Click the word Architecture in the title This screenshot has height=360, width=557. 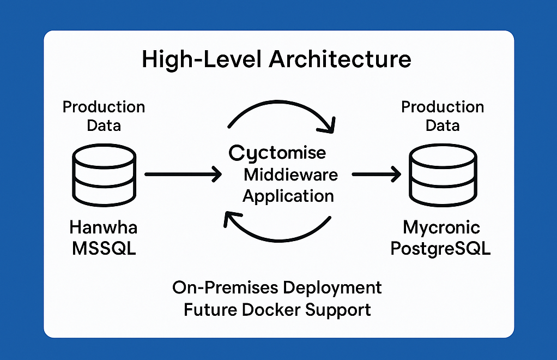click(340, 59)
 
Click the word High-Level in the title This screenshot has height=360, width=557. click(202, 59)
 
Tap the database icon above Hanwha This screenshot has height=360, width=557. click(104, 175)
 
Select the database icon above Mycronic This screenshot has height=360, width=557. click(443, 175)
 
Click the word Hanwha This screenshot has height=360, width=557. click(104, 226)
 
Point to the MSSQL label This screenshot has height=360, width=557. click(104, 248)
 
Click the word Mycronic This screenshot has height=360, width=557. click(441, 226)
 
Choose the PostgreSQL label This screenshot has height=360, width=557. click(441, 248)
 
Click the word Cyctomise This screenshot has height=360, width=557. click(277, 153)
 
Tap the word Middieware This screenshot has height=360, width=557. click(290, 175)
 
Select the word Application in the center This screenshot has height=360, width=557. click(288, 195)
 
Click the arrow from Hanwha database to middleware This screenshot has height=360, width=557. click(183, 175)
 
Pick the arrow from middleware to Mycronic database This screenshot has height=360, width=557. click(376, 175)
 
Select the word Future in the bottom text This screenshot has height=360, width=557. click(210, 310)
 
